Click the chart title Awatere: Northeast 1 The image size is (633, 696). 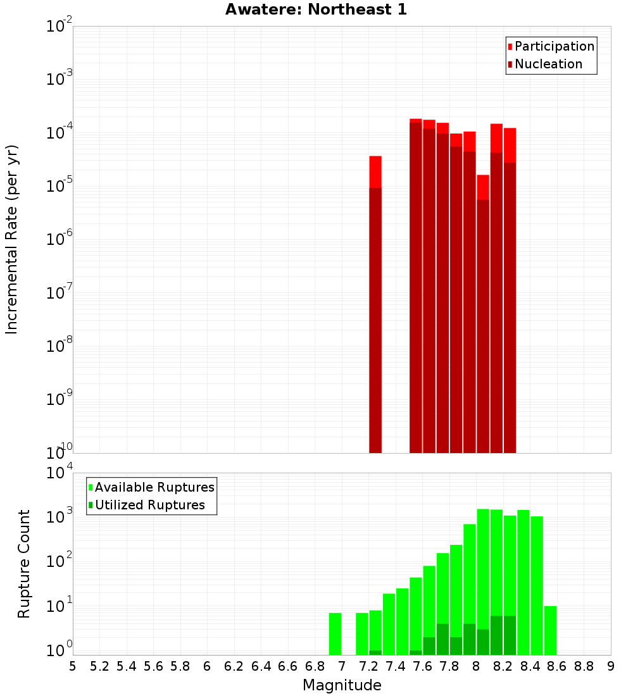[316, 10]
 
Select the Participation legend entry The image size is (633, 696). [554, 46]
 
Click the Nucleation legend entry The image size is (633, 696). [548, 64]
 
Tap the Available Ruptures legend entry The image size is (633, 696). [154, 487]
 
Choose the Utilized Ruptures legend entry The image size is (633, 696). [149, 505]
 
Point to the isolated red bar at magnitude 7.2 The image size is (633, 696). [375, 304]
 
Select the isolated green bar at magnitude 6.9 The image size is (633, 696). [335, 633]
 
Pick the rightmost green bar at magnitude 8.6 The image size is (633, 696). [550, 630]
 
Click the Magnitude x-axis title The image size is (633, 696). [342, 685]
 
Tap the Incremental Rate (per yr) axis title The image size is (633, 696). [12, 239]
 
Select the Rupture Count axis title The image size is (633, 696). [24, 564]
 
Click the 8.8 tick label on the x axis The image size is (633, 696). [584, 666]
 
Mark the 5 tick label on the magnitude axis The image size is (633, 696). [73, 666]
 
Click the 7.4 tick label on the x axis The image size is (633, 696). [396, 666]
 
